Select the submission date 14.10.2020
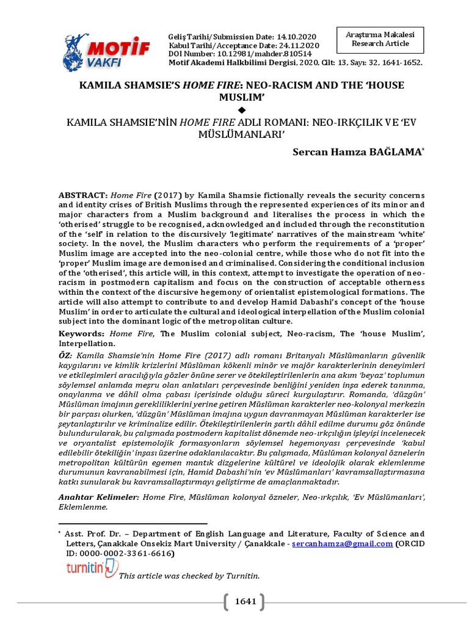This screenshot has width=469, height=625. point(282,38)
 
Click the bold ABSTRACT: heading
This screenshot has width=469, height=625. point(84,194)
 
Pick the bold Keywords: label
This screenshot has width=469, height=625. point(82,334)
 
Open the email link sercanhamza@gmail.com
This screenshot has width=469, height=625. point(342,544)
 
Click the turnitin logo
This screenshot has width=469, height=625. point(92,569)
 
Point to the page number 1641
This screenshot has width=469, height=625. point(245,602)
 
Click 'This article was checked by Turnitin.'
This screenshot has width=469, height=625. point(189,576)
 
